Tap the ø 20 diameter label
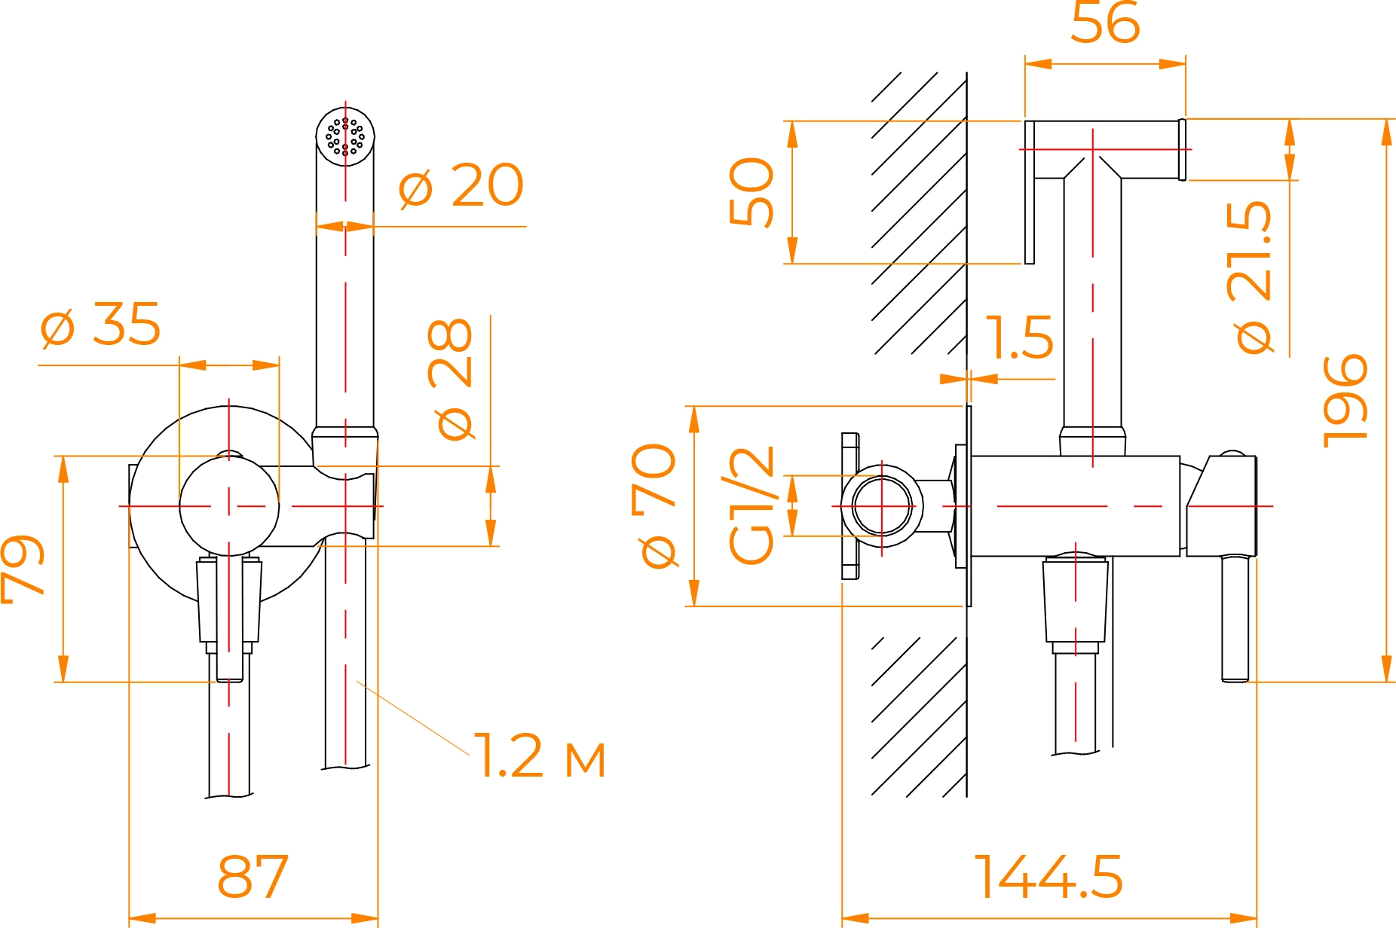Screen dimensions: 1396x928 (x=461, y=185)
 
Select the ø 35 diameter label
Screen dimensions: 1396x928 (x=100, y=325)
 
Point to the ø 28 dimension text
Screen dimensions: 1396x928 (x=452, y=378)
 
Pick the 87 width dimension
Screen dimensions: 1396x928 (x=253, y=877)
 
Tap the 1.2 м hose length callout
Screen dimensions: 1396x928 (x=540, y=756)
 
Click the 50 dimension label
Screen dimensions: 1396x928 (x=752, y=191)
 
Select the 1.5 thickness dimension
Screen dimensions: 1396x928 (x=1019, y=337)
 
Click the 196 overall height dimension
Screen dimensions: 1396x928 (x=1345, y=401)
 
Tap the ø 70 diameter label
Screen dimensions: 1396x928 (x=654, y=505)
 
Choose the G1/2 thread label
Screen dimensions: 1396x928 (x=752, y=505)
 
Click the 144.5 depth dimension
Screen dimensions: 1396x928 (x=1049, y=877)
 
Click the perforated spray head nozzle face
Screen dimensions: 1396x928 (x=345, y=136)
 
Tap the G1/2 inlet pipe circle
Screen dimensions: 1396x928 (x=882, y=505)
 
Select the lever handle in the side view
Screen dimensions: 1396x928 (x=1235, y=618)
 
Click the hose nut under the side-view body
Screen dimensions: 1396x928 (x=1076, y=600)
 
